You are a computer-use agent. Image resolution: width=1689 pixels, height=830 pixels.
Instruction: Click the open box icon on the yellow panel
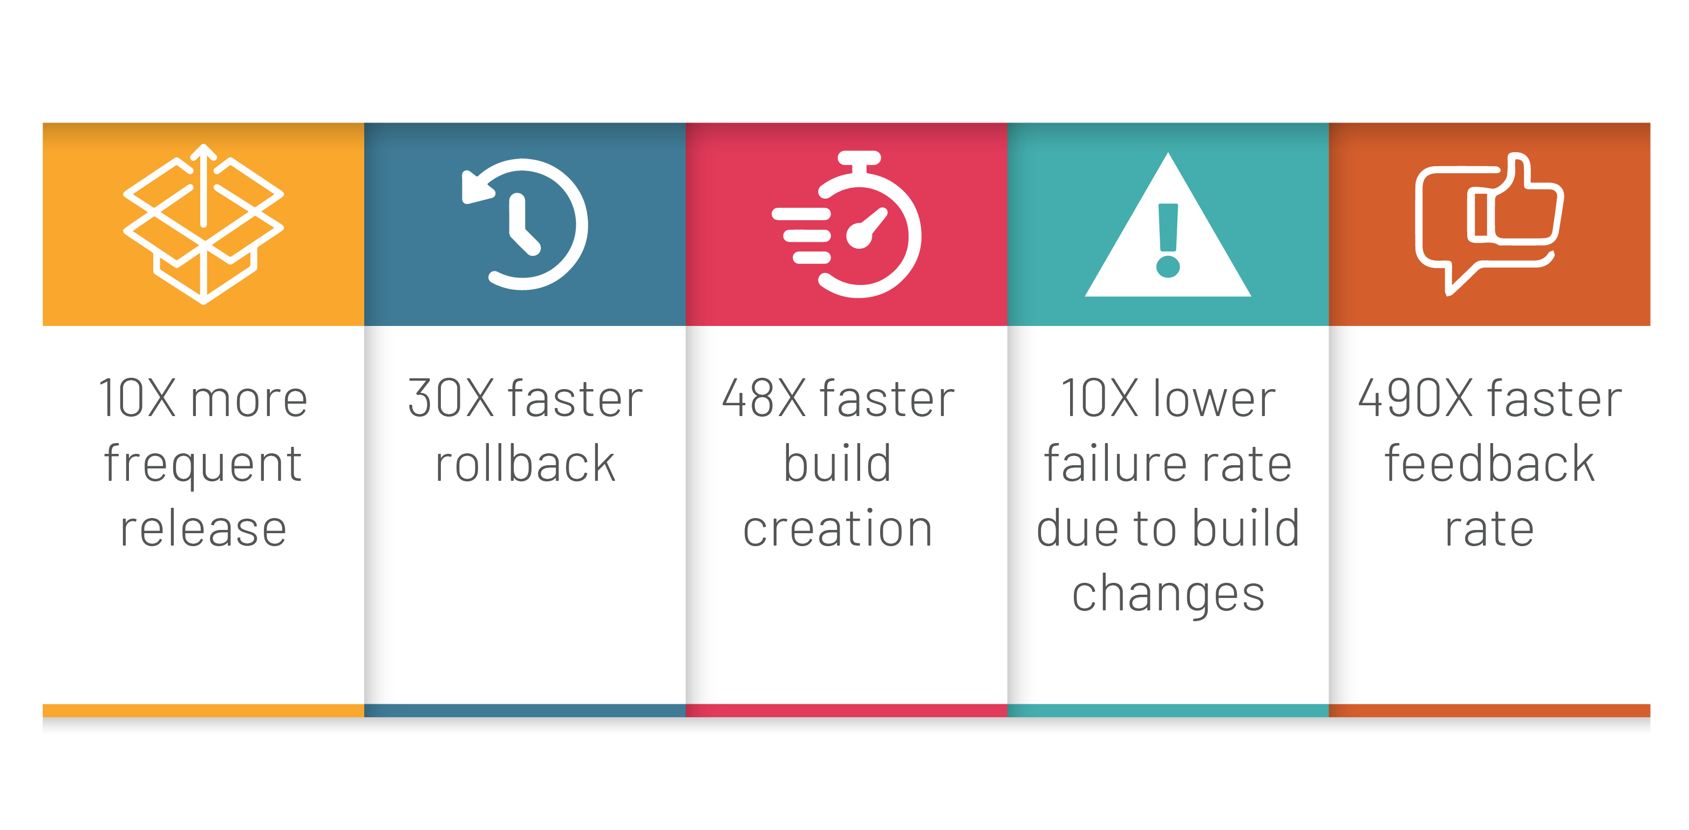(x=203, y=224)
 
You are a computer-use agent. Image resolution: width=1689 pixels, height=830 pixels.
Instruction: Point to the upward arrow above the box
(x=203, y=185)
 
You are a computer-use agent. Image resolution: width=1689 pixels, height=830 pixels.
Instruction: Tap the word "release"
(x=203, y=528)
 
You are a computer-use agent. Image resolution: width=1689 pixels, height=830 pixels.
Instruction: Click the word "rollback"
(x=525, y=463)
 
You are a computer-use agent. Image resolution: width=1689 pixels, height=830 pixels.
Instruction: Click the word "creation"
(x=837, y=528)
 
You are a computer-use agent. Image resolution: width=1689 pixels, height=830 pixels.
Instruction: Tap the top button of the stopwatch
(x=859, y=158)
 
